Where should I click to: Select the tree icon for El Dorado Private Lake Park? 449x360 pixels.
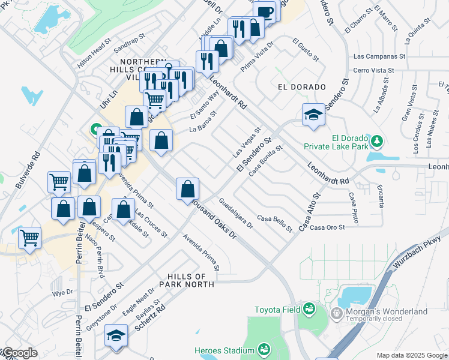tap(376, 141)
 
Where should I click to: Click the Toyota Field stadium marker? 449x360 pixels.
tap(309, 308)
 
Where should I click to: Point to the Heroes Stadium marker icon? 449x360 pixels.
tap(264, 349)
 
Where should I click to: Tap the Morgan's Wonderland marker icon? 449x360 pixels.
tap(336, 313)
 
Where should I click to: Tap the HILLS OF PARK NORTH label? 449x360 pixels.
tap(187, 280)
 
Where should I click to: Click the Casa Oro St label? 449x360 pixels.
tap(328, 227)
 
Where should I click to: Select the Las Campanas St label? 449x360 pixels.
tap(379, 57)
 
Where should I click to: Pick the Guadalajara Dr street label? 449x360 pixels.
tap(236, 214)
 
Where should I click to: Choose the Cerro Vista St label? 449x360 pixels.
tap(374, 70)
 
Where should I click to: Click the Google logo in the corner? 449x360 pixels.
tap(19, 353)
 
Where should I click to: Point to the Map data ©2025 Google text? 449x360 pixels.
tap(411, 355)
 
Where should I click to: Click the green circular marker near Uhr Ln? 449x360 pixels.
tap(95, 129)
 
